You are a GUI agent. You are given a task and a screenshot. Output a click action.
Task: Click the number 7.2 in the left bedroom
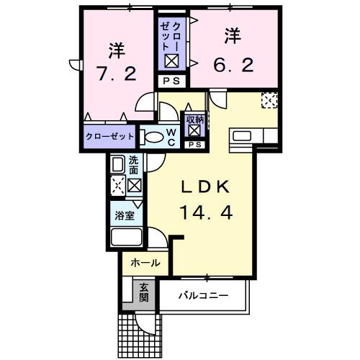pyautogui.click(x=116, y=73)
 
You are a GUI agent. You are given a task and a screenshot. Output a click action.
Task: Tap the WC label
pyautogui.click(x=171, y=137)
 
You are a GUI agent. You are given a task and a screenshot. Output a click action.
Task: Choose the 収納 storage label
pyautogui.click(x=194, y=120)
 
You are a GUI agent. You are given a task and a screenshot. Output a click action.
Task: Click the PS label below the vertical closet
pyautogui.click(x=171, y=81)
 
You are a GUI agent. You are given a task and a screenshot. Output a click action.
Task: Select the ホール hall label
pyautogui.click(x=145, y=264)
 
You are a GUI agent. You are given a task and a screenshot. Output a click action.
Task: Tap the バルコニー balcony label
pyautogui.click(x=204, y=296)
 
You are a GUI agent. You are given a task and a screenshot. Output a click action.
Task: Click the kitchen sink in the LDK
pyautogui.click(x=241, y=136)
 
